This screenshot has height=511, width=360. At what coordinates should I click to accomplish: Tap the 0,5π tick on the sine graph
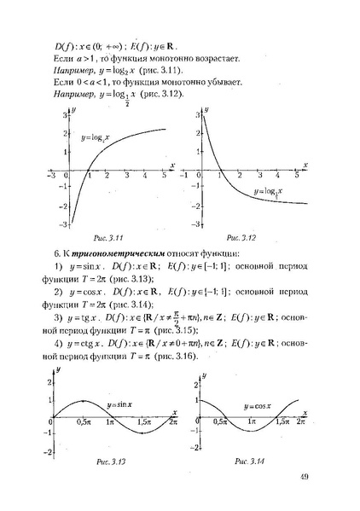[83, 423]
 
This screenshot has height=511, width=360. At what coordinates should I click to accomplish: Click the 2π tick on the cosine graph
[293, 423]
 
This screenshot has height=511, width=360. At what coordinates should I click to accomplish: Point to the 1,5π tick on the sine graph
[142, 423]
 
